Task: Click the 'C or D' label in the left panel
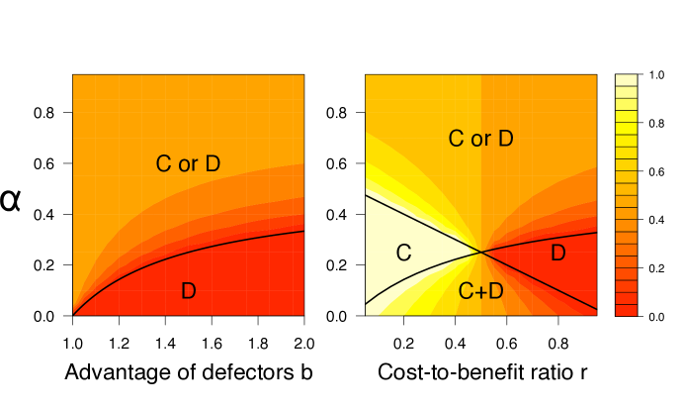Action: coord(188,164)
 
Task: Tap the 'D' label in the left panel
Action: coord(188,290)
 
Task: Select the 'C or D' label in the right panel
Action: coord(480,139)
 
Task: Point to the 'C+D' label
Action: coord(481,290)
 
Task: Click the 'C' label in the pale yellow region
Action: coord(403,253)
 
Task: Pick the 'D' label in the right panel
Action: coord(557,253)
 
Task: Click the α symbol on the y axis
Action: coord(11,201)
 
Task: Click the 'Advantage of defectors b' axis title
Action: coord(188,373)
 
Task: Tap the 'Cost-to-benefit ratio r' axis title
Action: coord(481,373)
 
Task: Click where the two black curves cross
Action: coord(480,252)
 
